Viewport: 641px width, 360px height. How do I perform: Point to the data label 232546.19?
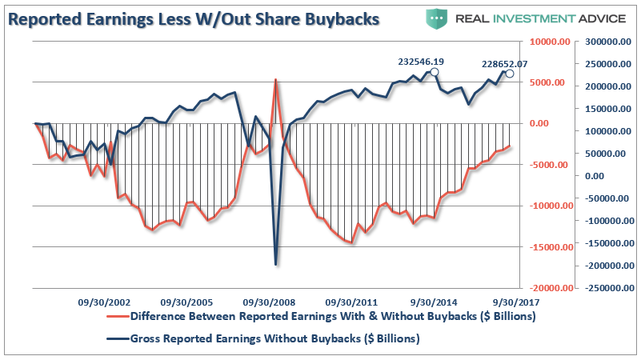[420, 61]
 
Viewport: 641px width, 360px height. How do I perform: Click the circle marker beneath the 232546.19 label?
[434, 72]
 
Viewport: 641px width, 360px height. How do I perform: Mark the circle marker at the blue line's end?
[509, 74]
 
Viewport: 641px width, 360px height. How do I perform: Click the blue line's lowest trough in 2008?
[275, 265]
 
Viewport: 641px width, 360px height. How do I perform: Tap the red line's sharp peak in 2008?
[275, 80]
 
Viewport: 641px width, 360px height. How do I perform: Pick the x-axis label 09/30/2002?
[103, 303]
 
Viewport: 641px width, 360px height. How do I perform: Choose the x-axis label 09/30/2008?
[269, 303]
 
